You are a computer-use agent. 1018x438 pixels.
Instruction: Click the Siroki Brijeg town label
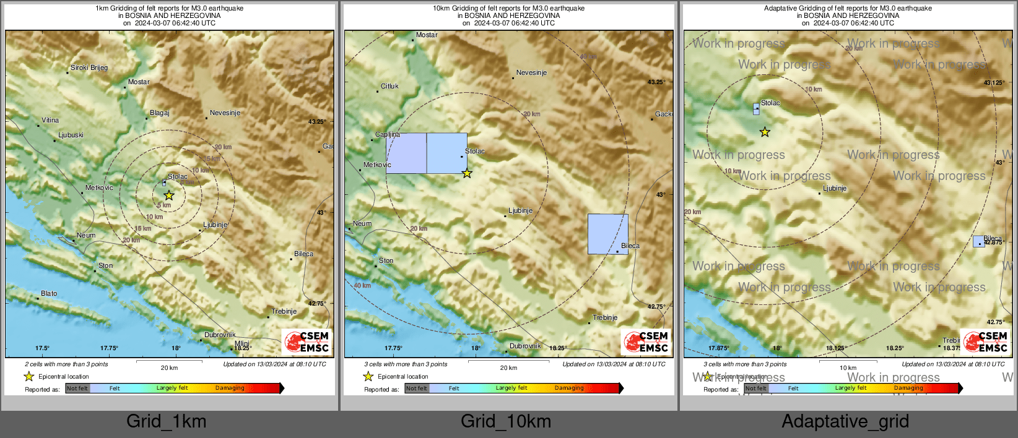point(89,68)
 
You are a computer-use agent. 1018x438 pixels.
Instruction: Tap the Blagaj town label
point(160,113)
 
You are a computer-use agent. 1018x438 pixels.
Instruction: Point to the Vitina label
point(50,121)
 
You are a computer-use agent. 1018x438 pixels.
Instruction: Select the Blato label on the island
point(49,294)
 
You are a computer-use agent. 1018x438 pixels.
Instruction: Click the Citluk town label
point(390,87)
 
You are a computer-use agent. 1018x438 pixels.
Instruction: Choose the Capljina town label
point(388,135)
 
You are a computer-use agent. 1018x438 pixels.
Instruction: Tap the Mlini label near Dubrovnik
point(242,344)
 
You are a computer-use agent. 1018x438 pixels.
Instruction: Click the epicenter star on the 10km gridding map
point(467,174)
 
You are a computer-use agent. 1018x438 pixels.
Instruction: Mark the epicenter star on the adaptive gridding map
point(765,132)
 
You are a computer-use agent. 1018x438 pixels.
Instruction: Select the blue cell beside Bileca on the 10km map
point(607,234)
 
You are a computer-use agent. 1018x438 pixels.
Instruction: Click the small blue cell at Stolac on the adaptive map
point(756,109)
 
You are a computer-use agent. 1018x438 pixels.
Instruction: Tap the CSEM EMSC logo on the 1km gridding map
point(307,342)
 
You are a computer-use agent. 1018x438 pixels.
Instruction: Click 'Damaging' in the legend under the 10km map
point(569,389)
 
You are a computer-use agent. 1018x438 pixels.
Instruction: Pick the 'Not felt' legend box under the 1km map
point(77,389)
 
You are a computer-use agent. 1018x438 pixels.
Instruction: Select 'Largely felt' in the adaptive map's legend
point(851,389)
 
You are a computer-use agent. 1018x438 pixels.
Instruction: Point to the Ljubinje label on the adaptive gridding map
point(835,189)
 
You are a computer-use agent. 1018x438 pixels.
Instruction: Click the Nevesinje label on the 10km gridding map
point(531,73)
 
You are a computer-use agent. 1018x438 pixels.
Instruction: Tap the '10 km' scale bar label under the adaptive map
point(848,368)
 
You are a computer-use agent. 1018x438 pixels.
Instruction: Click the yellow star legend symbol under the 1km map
point(28,376)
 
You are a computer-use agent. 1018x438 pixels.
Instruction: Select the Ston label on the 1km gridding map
point(106,266)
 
